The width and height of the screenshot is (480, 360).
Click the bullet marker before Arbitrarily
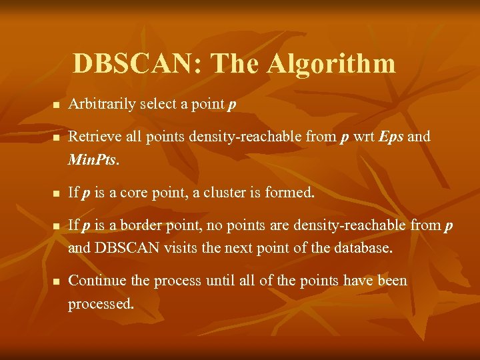57,106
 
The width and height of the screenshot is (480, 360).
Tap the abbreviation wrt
363,137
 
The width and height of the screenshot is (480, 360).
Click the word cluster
225,193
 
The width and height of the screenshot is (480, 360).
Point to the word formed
290,193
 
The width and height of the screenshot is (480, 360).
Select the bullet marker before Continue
57,282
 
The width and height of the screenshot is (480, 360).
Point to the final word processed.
101,304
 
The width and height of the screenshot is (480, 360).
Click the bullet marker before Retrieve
57,138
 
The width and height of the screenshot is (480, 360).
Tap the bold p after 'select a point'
231,106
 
